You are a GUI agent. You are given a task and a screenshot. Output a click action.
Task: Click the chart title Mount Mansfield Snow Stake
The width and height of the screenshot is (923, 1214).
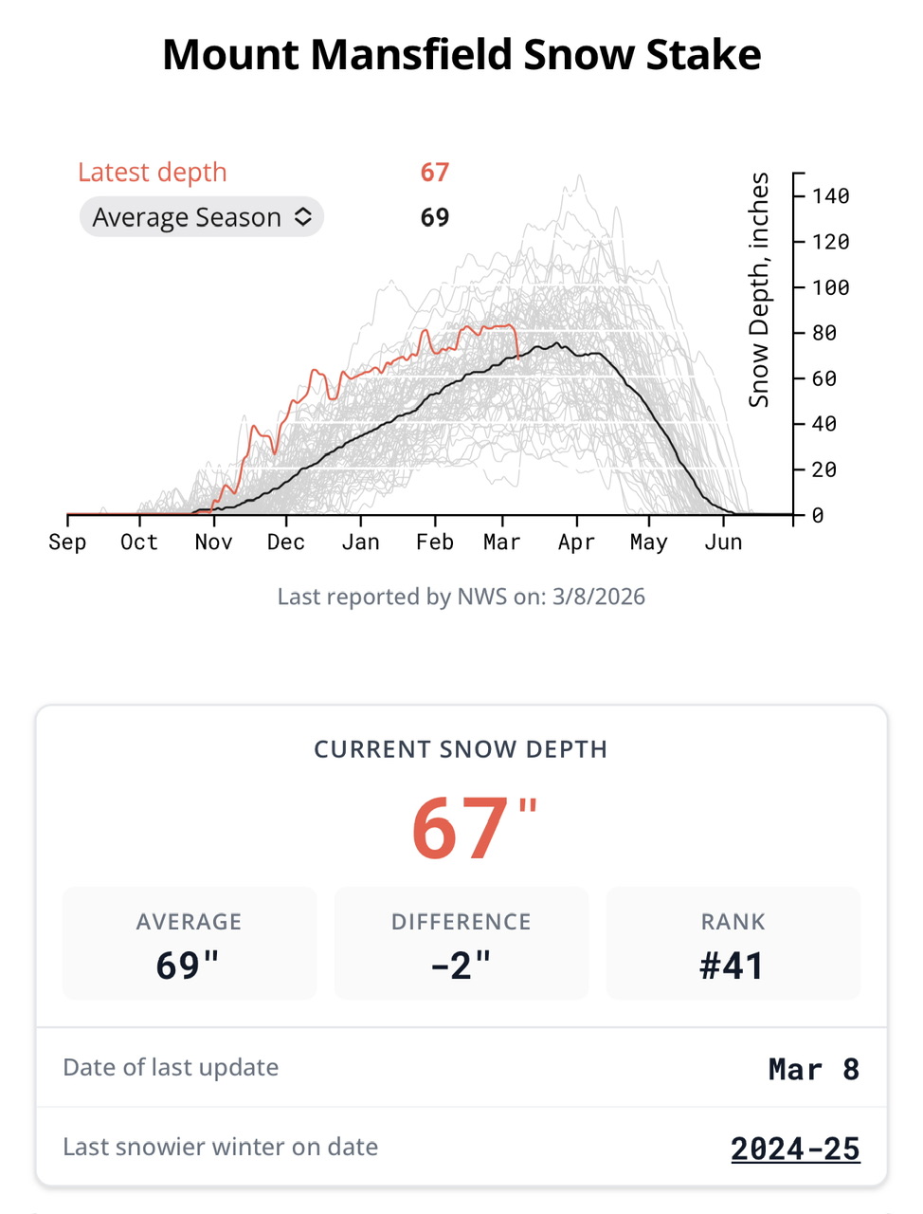461,55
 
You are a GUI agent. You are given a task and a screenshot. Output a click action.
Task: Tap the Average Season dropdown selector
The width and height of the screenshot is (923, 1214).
202,217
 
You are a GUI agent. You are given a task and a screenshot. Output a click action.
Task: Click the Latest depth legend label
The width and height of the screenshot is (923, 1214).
153,173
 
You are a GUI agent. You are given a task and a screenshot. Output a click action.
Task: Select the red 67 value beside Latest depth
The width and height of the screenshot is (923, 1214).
435,173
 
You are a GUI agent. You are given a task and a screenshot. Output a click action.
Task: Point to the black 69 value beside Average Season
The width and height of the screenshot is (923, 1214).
435,217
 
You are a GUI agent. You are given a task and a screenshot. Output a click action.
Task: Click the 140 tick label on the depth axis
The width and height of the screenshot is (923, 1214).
830,196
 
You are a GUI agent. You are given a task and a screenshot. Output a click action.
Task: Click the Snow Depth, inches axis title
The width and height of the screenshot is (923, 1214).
759,290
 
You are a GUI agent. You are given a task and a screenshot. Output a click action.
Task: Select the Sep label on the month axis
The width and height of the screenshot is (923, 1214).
67,543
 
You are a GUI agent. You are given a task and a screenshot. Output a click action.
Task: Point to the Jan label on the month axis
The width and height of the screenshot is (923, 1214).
360,543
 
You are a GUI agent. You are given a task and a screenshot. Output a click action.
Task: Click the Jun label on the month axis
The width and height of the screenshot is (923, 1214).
723,543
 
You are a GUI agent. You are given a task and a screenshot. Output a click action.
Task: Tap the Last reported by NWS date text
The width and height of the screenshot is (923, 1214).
461,597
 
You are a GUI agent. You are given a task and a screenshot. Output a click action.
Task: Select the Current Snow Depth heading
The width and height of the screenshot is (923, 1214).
461,749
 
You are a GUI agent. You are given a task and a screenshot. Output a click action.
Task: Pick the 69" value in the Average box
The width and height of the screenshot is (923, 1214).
189,966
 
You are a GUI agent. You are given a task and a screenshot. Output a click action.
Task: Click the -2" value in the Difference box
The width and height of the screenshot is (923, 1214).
461,966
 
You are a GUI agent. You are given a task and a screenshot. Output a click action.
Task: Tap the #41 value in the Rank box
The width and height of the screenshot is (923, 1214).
733,966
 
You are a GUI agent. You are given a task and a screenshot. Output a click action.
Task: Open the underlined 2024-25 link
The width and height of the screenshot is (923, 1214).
795,1149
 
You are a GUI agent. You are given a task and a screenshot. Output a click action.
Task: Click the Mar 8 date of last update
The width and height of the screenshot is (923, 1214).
814,1069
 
